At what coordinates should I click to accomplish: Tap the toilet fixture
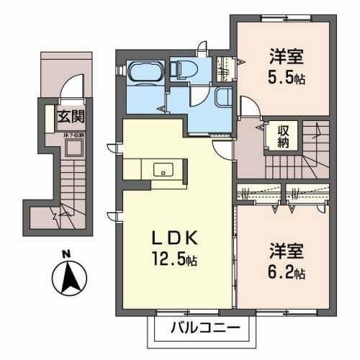coord(181,70)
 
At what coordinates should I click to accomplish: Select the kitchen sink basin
coord(163,170)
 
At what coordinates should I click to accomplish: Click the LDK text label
coord(174,239)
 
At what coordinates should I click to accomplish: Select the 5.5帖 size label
coord(287,77)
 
